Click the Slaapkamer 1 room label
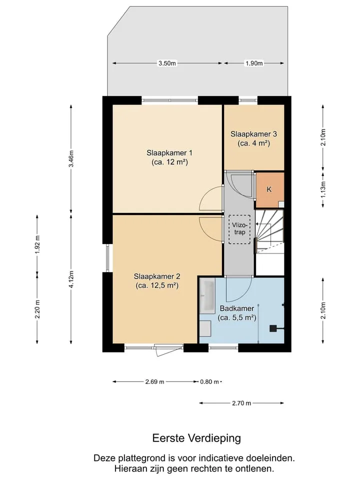pos(169,157)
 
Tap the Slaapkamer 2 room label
pos(156,281)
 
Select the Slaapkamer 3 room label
pos(254,138)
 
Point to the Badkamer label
pos(237,313)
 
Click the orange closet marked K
pos(270,190)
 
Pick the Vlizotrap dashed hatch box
pos(239,229)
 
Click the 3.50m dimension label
pos(167,63)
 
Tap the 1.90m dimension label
pos(254,63)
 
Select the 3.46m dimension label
pos(71,159)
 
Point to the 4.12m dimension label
pos(71,279)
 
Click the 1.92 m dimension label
pos(37,244)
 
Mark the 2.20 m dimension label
pos(37,309)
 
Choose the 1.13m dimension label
pos(323,190)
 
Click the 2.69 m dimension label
pos(154,381)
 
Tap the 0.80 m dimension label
pos(209,381)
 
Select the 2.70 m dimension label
pos(241,403)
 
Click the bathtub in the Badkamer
pos(207,296)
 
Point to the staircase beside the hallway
pos(269,231)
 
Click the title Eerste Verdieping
pos(196,438)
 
